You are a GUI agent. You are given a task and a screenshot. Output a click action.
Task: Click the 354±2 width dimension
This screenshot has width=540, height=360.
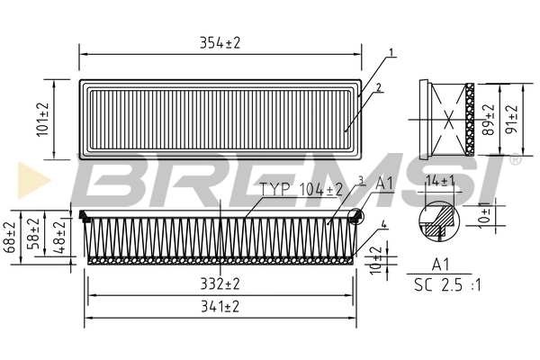coord(219,41)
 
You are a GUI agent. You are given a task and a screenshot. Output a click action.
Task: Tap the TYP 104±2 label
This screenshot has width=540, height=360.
coord(301,189)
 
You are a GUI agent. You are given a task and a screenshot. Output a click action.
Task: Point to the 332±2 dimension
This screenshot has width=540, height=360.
coord(219,283)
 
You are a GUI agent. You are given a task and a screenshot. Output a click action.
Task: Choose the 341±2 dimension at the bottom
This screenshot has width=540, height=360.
coord(219,307)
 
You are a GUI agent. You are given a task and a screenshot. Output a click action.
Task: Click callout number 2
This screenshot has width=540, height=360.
coord(380,87)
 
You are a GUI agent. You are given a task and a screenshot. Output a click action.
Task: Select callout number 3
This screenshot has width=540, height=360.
coord(360,180)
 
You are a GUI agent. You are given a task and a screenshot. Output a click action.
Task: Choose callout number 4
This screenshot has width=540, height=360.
coord(383,224)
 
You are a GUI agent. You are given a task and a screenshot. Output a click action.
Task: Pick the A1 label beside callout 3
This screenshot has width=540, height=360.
coord(384,184)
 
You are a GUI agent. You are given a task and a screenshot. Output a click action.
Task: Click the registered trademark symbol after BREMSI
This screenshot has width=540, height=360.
coord(515,159)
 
